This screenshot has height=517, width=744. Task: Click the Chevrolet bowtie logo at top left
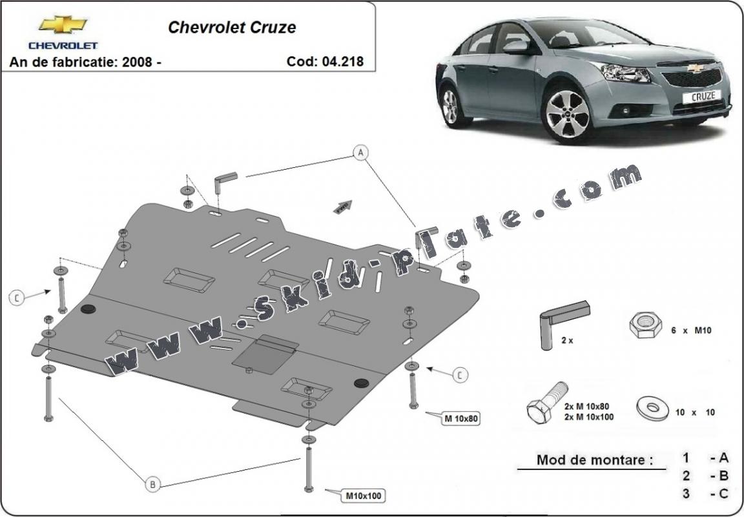point(63,25)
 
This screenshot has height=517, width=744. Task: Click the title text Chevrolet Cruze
point(232,27)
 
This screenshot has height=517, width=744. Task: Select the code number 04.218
point(342,61)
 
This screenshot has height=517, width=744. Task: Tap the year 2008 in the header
point(137,62)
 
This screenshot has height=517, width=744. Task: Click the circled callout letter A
point(360,153)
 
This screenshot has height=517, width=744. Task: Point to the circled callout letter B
point(153,484)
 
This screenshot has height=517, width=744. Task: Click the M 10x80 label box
point(460,419)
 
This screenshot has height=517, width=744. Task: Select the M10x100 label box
point(363,496)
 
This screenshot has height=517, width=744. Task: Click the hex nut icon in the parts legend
point(645,325)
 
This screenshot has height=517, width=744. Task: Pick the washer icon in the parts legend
point(652,408)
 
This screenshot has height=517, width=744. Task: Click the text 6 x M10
point(691,330)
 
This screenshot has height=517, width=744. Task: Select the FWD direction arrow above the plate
point(343,207)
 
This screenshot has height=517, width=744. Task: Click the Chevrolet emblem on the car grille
point(696,68)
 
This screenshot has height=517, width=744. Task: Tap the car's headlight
point(625,73)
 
